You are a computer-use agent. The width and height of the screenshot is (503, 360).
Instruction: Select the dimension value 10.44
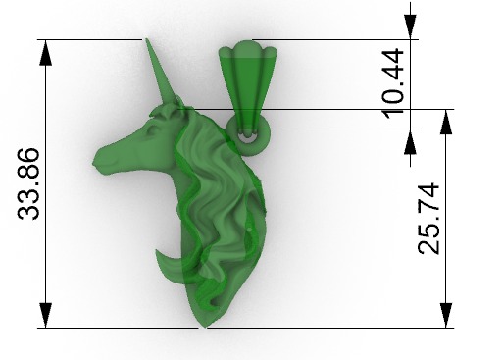(393, 82)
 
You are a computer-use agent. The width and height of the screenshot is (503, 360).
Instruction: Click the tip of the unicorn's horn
(147, 41)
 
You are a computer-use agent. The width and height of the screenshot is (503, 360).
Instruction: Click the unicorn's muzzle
(101, 159)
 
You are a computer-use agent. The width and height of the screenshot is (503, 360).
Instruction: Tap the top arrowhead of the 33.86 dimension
(43, 49)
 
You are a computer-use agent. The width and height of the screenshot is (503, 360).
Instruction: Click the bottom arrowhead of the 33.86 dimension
(43, 317)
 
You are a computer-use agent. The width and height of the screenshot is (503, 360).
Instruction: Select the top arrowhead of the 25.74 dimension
(447, 119)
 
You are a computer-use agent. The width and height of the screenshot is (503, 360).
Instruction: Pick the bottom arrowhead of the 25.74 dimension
(447, 317)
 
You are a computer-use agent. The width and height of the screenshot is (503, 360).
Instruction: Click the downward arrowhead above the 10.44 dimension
(410, 29)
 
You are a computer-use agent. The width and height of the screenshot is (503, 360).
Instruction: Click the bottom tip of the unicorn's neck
(204, 324)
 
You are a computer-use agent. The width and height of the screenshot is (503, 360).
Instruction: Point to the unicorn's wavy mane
(221, 196)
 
